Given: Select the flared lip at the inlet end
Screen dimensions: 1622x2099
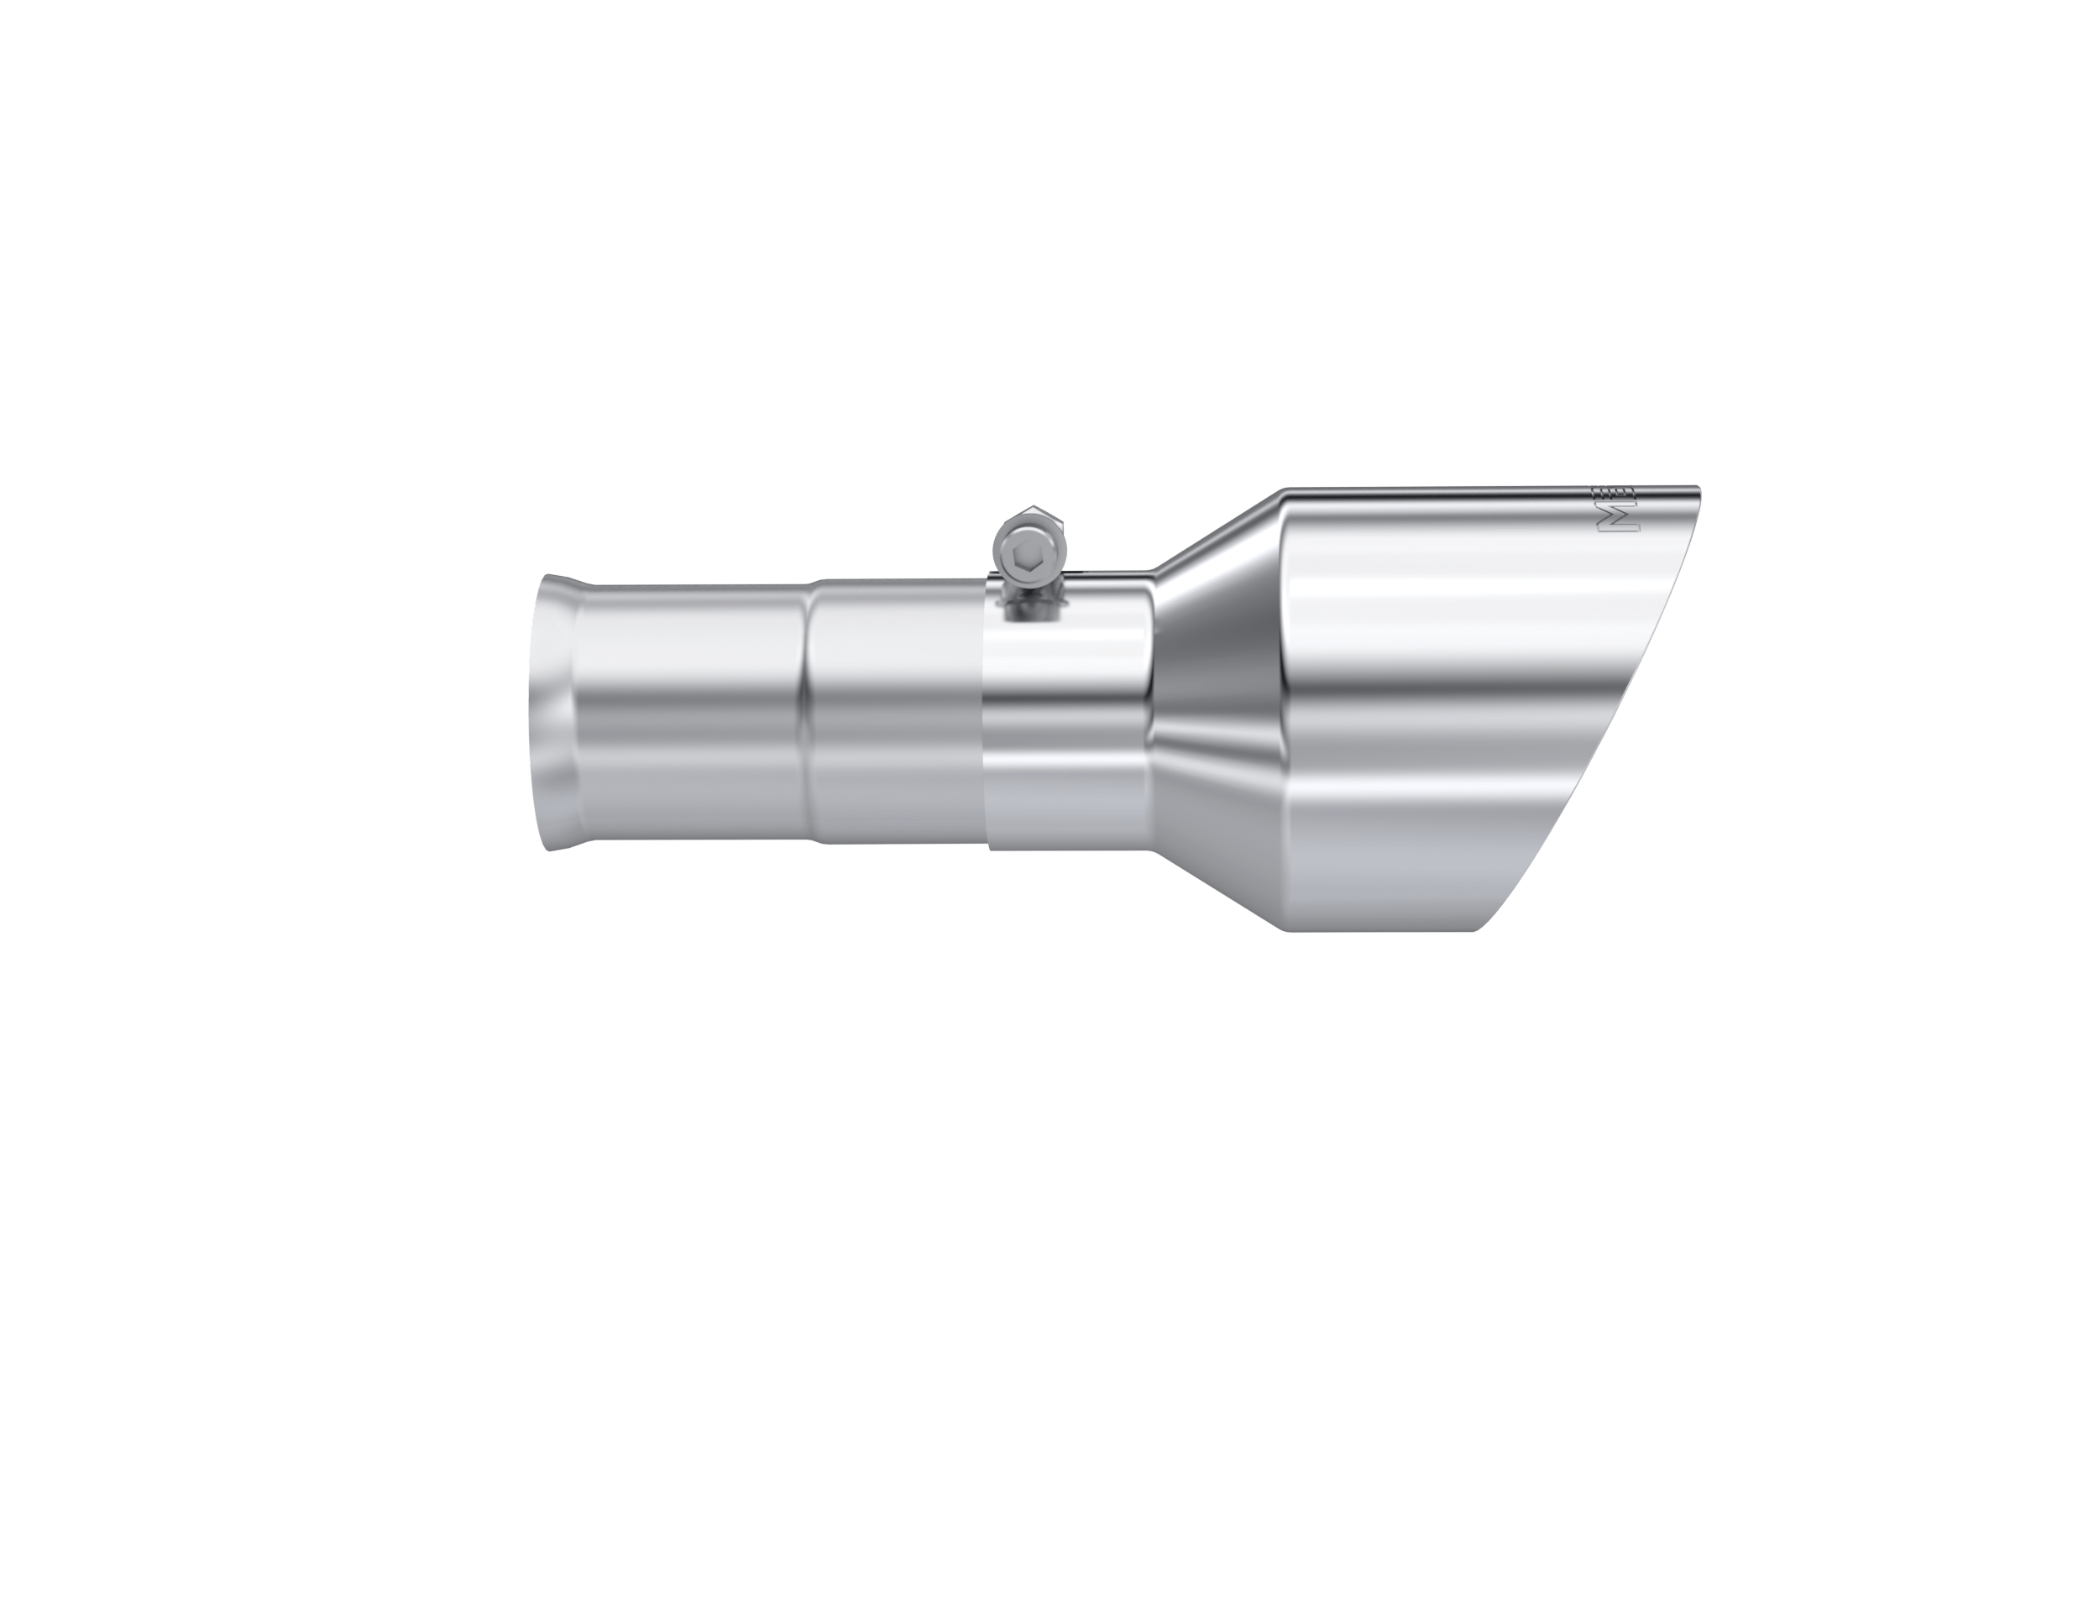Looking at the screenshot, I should point(554,712).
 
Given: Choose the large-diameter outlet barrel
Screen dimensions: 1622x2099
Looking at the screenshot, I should point(1422,711).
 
